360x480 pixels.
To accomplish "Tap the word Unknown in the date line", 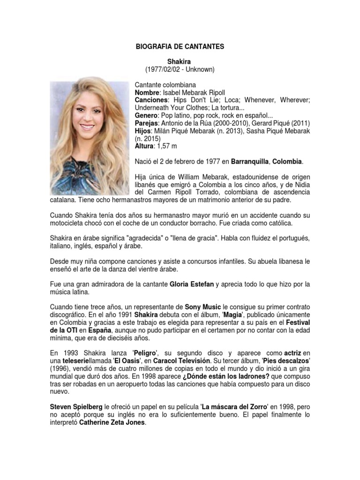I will pyautogui.click(x=199, y=69).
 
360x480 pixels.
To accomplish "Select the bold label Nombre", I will pyautogui.click(x=147, y=93).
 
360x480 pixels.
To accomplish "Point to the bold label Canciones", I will pyautogui.click(x=151, y=100).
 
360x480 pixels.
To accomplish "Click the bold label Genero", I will pyautogui.click(x=146, y=115).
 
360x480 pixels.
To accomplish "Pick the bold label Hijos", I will pyautogui.click(x=143, y=131).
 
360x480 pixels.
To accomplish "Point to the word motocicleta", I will pyautogui.click(x=70, y=223).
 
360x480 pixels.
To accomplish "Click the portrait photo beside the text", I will pyautogui.click(x=89, y=136).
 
